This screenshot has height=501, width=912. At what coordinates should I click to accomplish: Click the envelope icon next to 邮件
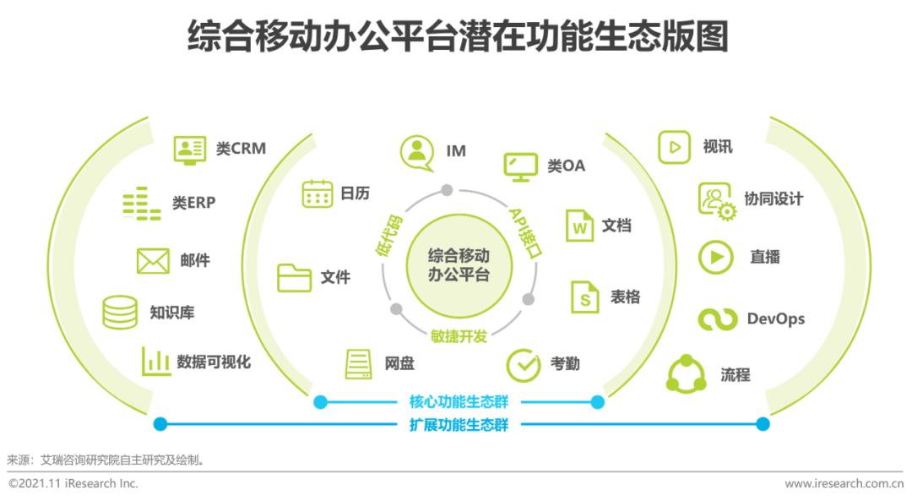[153, 261]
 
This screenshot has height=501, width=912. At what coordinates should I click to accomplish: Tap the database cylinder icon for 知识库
[120, 313]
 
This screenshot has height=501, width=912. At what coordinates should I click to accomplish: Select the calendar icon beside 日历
[317, 193]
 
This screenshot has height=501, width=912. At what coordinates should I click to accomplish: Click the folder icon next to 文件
[295, 278]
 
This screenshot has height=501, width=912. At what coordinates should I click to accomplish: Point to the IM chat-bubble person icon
[417, 153]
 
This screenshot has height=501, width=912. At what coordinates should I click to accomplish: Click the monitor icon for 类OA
[520, 167]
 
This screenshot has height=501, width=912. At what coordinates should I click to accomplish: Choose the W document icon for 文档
[579, 226]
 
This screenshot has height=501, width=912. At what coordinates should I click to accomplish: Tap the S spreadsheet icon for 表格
[584, 297]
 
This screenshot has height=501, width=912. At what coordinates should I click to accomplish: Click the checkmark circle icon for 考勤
[524, 366]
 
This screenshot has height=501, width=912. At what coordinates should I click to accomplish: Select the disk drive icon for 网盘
[358, 364]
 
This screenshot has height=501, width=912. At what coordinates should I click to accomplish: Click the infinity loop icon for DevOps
[718, 319]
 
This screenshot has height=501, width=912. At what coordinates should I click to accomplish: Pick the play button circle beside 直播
[716, 257]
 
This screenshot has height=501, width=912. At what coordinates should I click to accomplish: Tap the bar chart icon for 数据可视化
[156, 362]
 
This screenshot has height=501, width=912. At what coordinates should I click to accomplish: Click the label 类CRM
[241, 149]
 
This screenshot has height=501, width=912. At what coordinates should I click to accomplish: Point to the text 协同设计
[774, 199]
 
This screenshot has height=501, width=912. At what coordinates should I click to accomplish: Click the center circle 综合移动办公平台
[459, 265]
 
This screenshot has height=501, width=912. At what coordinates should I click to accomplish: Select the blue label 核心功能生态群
[459, 401]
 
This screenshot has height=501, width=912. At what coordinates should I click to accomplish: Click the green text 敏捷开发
[459, 335]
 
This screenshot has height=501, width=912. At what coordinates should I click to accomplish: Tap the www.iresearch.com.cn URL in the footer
[844, 483]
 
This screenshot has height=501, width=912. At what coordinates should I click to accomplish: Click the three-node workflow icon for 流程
[687, 374]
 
